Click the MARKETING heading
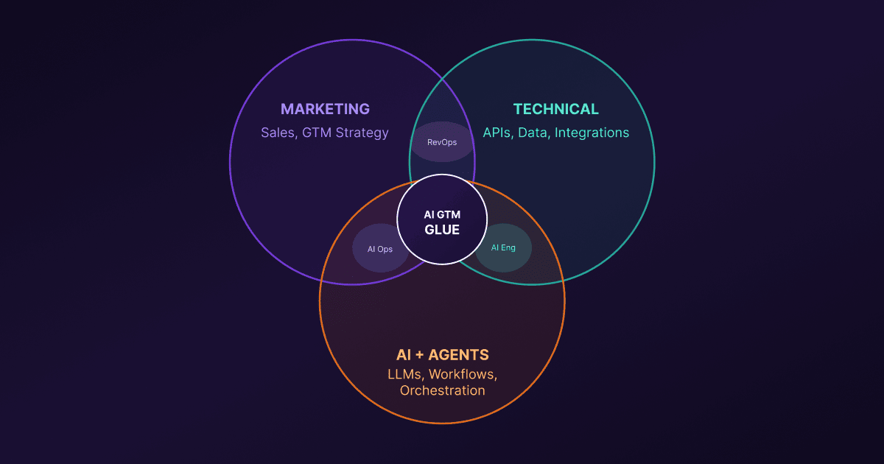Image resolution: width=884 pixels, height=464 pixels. pyautogui.click(x=325, y=110)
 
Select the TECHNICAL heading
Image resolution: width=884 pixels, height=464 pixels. pyautogui.click(x=556, y=110)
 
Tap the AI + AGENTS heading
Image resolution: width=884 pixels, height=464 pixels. pyautogui.click(x=442, y=354)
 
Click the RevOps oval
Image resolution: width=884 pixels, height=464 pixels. pyautogui.click(x=441, y=141)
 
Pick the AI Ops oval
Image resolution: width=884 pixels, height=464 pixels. pyautogui.click(x=380, y=248)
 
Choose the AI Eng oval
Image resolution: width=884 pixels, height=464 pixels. pyautogui.click(x=503, y=247)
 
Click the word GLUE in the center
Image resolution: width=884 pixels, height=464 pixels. pyautogui.click(x=442, y=230)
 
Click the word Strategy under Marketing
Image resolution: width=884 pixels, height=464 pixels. pyautogui.click(x=362, y=133)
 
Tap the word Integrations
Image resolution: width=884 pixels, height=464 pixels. pyautogui.click(x=592, y=133)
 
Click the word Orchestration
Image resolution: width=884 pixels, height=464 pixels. pyautogui.click(x=442, y=390)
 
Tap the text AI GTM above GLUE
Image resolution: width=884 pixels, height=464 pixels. pyautogui.click(x=442, y=214)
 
